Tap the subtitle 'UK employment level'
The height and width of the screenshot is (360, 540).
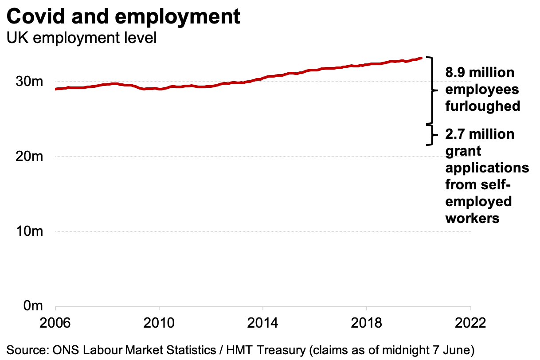(x=81, y=38)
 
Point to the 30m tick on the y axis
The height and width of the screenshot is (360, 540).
(x=29, y=82)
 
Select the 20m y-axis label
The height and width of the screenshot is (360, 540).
(x=29, y=157)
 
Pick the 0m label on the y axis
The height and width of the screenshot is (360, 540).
(x=33, y=306)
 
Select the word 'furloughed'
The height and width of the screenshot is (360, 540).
(x=482, y=106)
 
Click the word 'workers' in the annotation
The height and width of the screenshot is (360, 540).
(x=473, y=218)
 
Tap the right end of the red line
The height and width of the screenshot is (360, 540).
(x=420, y=58)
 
